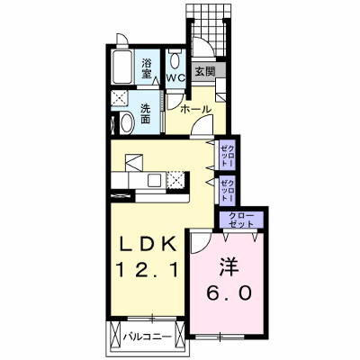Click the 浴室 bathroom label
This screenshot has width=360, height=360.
tap(147, 68)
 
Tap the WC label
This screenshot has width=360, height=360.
tap(175, 78)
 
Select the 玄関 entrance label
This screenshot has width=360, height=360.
tap(205, 71)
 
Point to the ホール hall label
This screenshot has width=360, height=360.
tap(196, 109)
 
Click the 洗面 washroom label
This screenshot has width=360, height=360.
tap(146, 114)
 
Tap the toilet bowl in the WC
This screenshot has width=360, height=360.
tap(175, 61)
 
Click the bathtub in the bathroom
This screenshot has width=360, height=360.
tap(122, 67)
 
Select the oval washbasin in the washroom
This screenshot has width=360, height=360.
tap(128, 123)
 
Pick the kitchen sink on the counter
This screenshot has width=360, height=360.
tap(155, 181)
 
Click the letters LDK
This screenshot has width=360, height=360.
tap(148, 245)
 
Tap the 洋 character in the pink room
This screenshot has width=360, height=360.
tap(229, 267)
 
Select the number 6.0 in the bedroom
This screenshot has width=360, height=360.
tap(229, 292)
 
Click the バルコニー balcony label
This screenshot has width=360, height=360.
tap(148, 337)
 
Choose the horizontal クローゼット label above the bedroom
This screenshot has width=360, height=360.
tap(241, 220)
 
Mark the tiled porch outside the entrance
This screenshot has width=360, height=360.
tap(209, 29)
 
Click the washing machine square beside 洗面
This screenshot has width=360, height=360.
tap(120, 98)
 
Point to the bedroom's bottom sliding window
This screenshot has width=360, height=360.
tap(220, 337)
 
